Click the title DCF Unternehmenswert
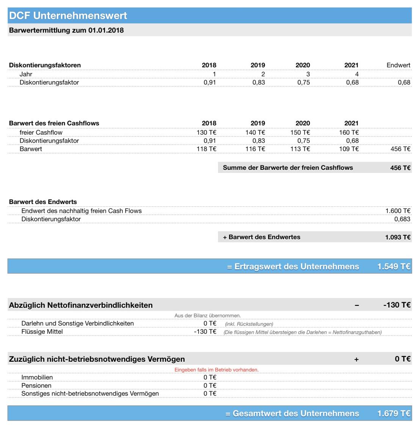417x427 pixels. pos(68,16)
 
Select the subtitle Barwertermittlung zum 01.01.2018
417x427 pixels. pos(66,30)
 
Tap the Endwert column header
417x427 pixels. pos(398,65)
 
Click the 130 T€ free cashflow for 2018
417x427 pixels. pos(207,132)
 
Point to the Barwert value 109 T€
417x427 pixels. pos(349,149)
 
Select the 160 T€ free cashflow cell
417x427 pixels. pos(349,132)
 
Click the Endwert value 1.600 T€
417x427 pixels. pos(398,211)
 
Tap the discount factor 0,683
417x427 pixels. pos(402,219)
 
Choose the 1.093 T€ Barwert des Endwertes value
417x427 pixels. pos(398,237)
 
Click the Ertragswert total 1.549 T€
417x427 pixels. pos(393,267)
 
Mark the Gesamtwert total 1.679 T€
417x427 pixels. pos(393,413)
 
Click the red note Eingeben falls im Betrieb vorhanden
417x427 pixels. pos(216,370)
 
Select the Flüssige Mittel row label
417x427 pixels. pos(42,332)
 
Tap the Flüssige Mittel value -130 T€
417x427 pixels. pos(205,332)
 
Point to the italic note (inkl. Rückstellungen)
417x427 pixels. pos(249,324)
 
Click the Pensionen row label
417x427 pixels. pos(36,386)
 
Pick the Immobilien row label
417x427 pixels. pos(37,377)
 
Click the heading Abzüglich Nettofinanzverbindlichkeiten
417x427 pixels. pos(81,305)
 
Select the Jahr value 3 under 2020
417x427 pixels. pos(308,74)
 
